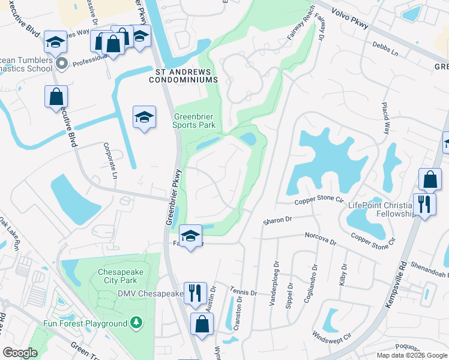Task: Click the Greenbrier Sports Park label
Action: pos(194,121)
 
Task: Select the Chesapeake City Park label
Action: pos(121,275)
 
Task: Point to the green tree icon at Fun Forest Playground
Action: pos(137,323)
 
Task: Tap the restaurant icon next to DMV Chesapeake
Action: pos(195,293)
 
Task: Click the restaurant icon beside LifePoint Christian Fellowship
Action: pos(424,203)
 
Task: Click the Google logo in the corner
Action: pos(20,353)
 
